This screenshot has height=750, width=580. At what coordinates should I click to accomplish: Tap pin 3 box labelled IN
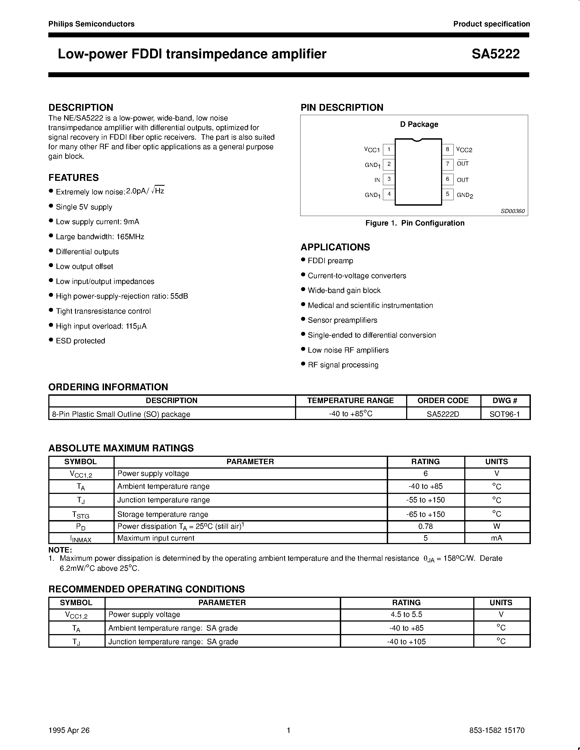[389, 179]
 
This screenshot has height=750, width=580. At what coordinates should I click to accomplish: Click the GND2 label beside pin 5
[465, 195]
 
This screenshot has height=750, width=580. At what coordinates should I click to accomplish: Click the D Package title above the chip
[419, 124]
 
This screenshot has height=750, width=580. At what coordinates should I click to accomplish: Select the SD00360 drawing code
[512, 211]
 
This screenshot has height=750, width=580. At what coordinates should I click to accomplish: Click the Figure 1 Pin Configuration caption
[414, 223]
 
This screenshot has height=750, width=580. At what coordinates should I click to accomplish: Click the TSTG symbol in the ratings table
[81, 514]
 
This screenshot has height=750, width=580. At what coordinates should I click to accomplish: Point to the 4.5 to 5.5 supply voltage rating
[406, 614]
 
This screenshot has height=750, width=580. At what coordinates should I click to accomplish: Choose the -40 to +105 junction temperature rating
[406, 641]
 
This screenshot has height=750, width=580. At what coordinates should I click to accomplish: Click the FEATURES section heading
[73, 178]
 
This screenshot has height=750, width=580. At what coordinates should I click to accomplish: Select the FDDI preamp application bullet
[330, 261]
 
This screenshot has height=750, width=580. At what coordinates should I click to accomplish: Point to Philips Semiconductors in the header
[91, 24]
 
